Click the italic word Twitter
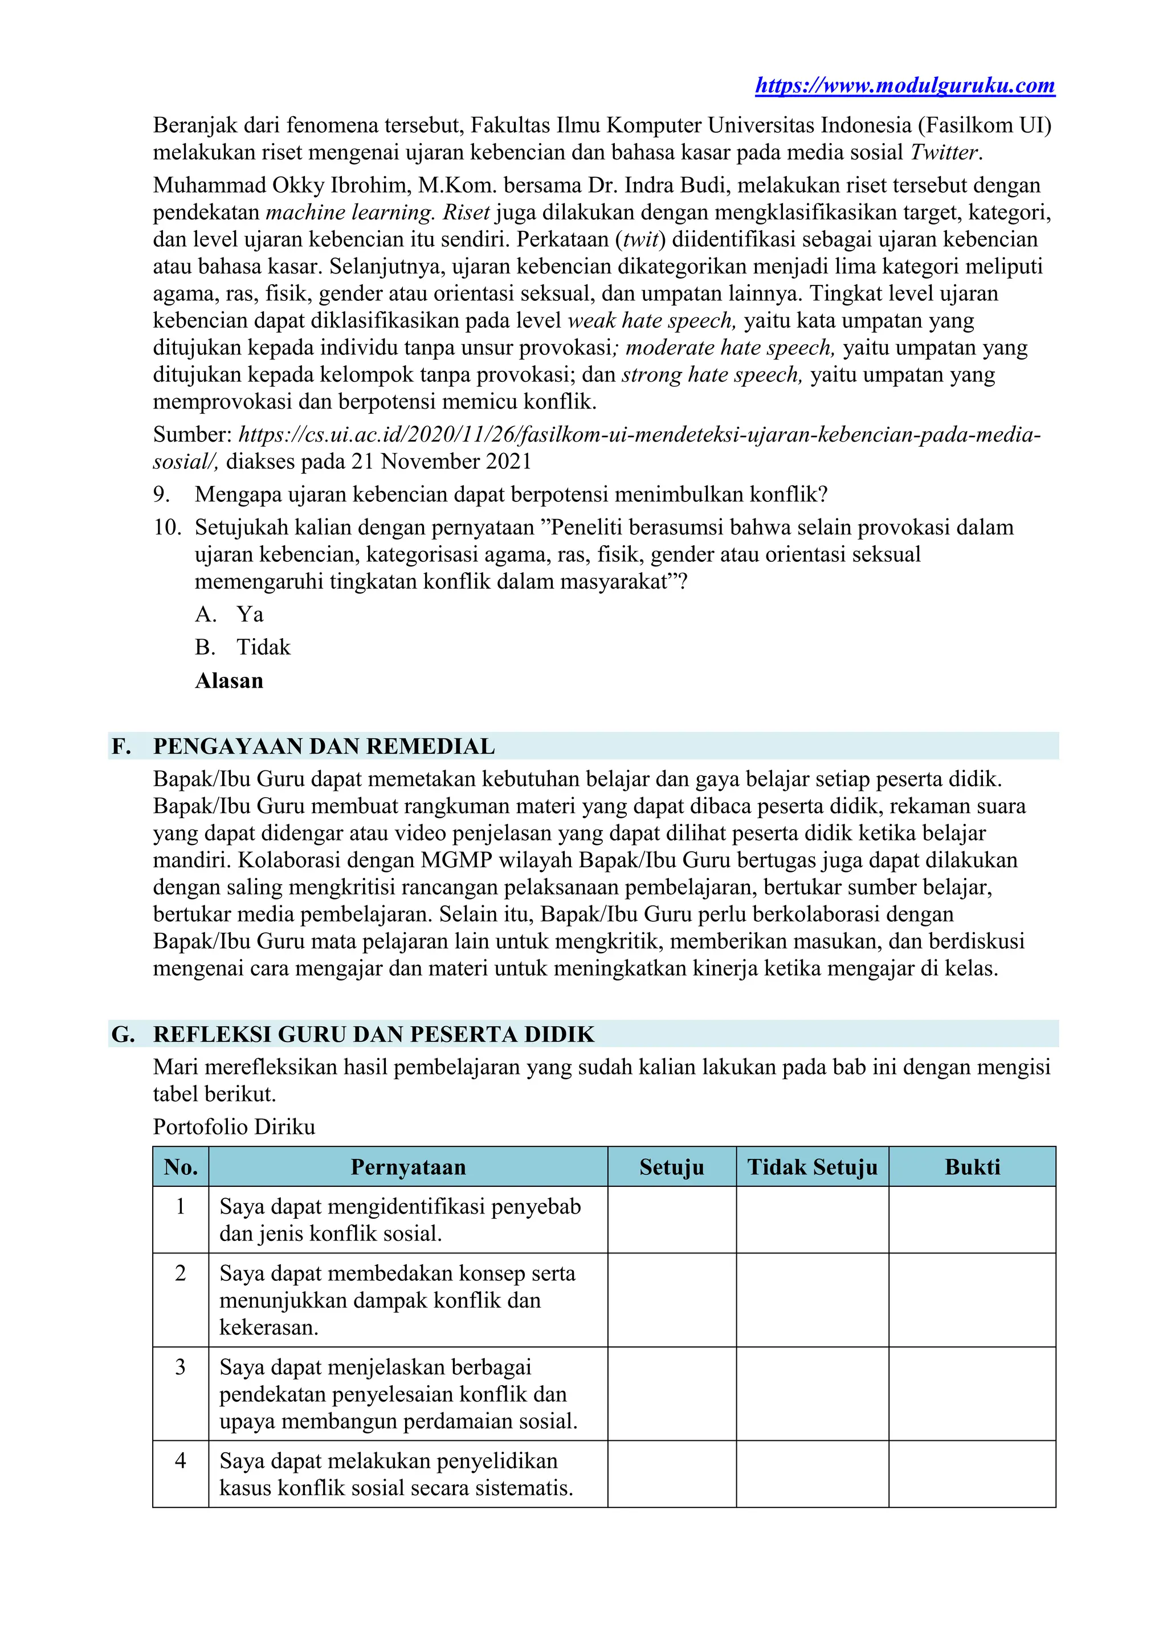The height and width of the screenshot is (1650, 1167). click(944, 152)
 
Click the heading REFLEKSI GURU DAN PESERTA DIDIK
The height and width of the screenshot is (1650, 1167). click(374, 1034)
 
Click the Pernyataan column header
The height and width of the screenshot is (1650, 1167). click(408, 1167)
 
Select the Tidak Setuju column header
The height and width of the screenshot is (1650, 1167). click(812, 1167)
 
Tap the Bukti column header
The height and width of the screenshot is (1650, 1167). click(972, 1167)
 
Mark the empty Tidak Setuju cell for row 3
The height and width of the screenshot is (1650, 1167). click(812, 1394)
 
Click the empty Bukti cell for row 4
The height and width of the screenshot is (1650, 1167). click(972, 1474)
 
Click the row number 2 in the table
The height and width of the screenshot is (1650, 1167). click(181, 1273)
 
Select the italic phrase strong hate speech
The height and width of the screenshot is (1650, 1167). click(711, 374)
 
